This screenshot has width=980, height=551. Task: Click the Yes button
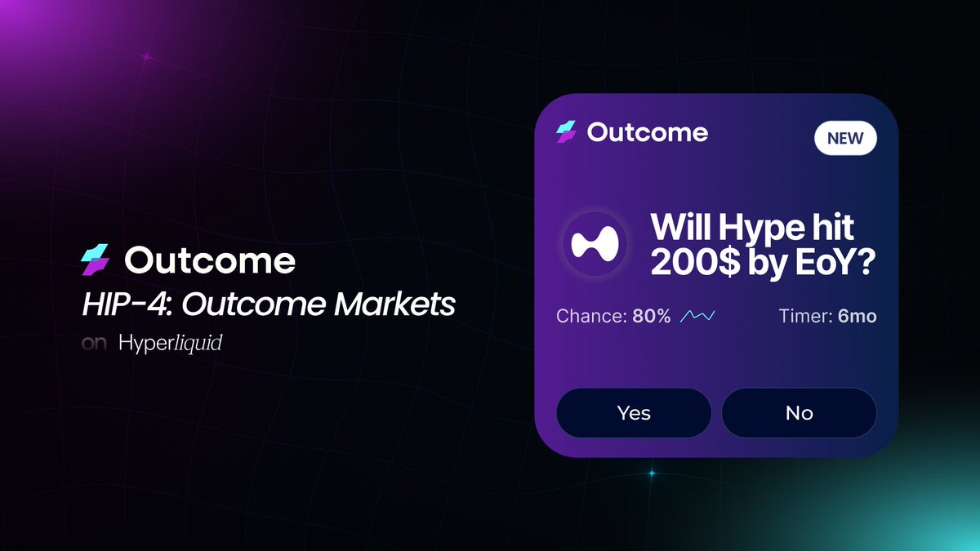634,413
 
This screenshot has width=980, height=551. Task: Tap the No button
799,413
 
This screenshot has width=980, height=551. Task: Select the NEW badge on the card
845,138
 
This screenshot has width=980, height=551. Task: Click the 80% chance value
652,316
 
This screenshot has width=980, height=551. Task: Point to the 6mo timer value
857,316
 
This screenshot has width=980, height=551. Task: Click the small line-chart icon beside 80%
698,316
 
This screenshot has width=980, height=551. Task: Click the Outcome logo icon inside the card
566,132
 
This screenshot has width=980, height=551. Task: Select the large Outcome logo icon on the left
96,261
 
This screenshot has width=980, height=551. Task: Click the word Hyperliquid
170,344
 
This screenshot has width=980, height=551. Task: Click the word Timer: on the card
805,316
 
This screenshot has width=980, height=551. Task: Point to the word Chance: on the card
591,316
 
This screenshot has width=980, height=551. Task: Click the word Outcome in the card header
648,132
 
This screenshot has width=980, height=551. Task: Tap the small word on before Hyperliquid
95,344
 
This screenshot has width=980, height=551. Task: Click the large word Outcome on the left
210,261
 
